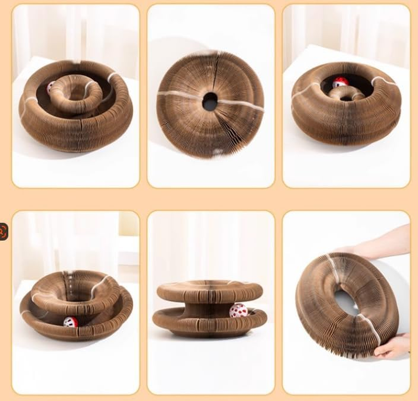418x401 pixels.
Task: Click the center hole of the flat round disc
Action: point(211,102)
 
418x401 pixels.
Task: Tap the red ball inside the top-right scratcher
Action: point(341,82)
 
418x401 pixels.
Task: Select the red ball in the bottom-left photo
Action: point(71,322)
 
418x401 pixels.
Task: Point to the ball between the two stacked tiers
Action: point(239,311)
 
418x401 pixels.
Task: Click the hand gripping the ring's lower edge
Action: point(392,346)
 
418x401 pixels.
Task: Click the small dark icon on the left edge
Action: point(4,232)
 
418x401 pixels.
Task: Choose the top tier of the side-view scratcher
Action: point(210,291)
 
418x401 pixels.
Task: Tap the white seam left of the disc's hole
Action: point(180,95)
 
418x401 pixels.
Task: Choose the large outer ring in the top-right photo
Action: point(346,125)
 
